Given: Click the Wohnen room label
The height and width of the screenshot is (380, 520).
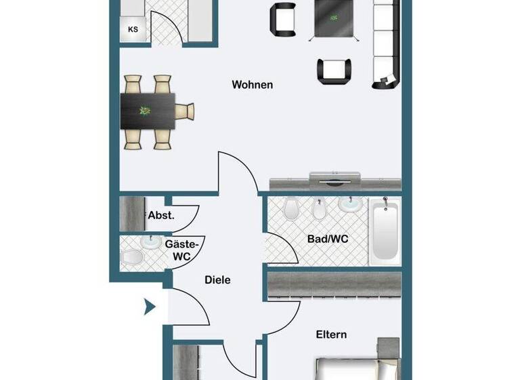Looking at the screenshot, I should tap(252, 85).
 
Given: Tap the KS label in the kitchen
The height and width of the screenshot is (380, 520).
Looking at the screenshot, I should tap(133, 30).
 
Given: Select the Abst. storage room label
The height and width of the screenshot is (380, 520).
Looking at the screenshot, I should tap(161, 215).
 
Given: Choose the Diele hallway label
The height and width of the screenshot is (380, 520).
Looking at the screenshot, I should tap(217, 280).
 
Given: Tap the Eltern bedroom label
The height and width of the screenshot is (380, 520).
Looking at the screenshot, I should tap(331, 335).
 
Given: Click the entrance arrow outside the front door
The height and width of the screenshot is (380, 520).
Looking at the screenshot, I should tap(150, 307).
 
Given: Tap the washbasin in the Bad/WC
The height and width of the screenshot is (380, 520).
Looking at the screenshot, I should tap(350, 204).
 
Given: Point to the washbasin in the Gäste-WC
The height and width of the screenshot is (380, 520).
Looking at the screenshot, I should tap(150, 242).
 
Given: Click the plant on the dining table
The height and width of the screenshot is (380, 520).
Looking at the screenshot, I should tap(145, 110).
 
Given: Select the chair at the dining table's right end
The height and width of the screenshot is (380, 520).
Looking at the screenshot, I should tap(185, 111).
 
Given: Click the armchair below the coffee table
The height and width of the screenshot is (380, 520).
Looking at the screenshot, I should tap(334, 70).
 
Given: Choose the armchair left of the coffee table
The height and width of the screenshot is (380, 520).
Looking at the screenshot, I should tap(283, 19).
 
